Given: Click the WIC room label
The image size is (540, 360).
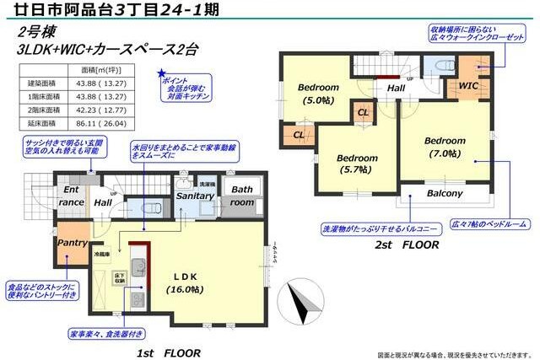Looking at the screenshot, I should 469,85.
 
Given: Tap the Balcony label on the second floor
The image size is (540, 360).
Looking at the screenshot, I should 445,194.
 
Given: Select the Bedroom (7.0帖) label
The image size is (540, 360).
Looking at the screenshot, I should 445,147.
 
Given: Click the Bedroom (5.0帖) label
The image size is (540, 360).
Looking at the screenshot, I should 318,94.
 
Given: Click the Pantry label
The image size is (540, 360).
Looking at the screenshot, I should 73,243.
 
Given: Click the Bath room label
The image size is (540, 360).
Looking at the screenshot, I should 243,196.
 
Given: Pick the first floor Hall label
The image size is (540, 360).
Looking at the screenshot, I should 103,202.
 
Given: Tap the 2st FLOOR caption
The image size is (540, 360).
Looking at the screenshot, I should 408,245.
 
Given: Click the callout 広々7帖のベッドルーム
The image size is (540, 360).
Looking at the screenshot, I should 491,223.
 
